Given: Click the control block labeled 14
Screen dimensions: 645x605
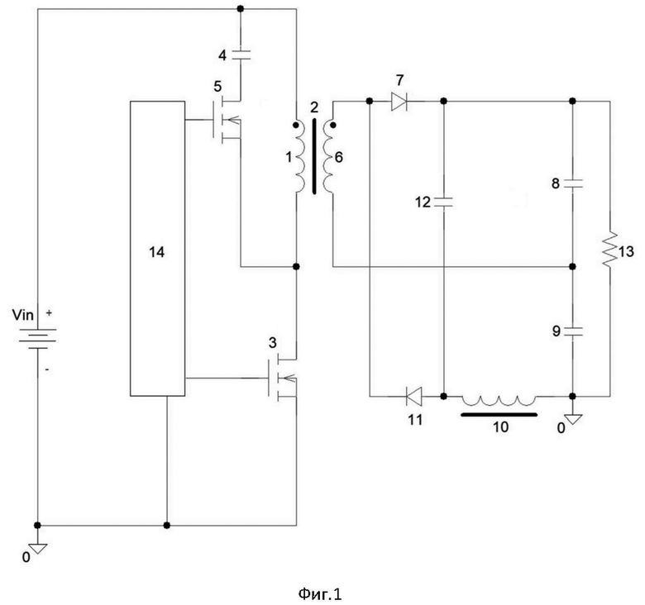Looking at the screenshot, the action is pyautogui.click(x=158, y=248).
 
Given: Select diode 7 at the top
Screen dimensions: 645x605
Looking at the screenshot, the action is pyautogui.click(x=399, y=101).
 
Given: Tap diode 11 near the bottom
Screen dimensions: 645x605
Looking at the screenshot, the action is pyautogui.click(x=413, y=396).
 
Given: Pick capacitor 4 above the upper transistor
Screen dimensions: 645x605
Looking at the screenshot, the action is pyautogui.click(x=241, y=55).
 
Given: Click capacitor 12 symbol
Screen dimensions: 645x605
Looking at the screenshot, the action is pyautogui.click(x=443, y=202).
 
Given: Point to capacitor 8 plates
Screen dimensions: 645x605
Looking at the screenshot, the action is pyautogui.click(x=572, y=183).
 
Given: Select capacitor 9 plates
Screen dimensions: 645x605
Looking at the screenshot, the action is pyautogui.click(x=572, y=331).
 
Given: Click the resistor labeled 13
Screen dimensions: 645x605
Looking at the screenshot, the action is pyautogui.click(x=610, y=249).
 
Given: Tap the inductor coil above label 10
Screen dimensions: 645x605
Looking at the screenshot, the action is pyautogui.click(x=499, y=400).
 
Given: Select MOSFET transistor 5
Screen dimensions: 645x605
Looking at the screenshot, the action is pyautogui.click(x=227, y=120).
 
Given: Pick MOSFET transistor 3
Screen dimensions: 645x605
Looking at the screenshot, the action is pyautogui.click(x=282, y=378).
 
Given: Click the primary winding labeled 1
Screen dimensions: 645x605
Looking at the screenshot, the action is pyautogui.click(x=299, y=157).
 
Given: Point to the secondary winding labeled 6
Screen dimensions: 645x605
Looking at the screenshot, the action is pyautogui.click(x=328, y=157).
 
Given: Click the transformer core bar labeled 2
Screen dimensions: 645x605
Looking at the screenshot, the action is pyautogui.click(x=315, y=156).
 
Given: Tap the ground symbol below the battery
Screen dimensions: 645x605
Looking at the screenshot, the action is pyautogui.click(x=38, y=548).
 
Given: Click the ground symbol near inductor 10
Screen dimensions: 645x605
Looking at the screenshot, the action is pyautogui.click(x=572, y=420).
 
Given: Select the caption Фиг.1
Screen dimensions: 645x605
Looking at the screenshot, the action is pyautogui.click(x=320, y=594).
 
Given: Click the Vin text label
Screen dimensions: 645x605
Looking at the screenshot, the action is pyautogui.click(x=22, y=315).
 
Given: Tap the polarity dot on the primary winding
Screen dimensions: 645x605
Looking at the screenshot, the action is pyautogui.click(x=295, y=125).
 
